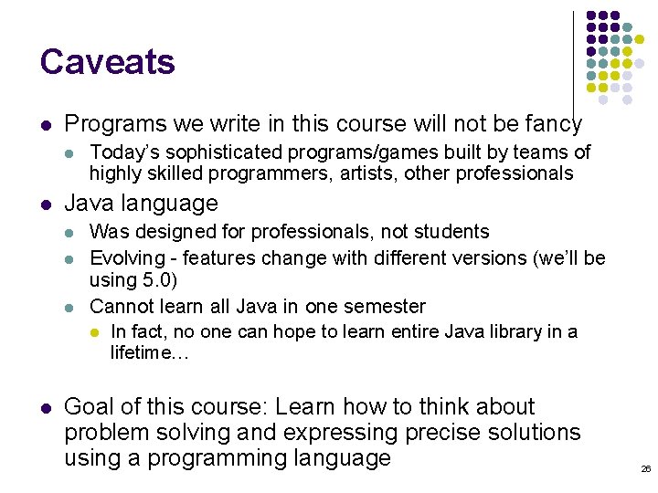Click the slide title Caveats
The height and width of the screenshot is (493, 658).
click(107, 62)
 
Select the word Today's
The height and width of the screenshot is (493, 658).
click(122, 152)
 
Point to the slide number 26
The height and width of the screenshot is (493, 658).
click(645, 468)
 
